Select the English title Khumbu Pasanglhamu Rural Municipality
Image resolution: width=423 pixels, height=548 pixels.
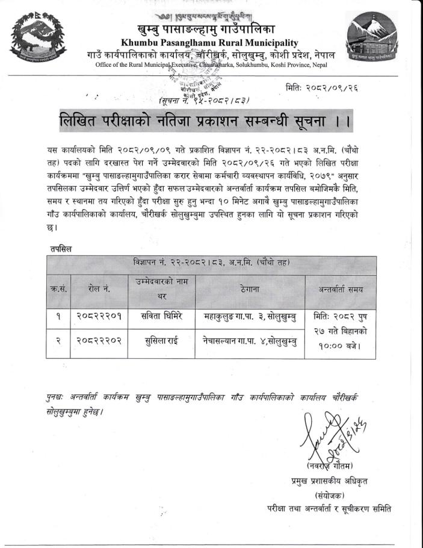tap(209, 43)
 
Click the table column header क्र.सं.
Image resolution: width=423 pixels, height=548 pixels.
tap(58, 290)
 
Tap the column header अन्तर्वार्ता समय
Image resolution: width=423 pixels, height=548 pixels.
tap(341, 290)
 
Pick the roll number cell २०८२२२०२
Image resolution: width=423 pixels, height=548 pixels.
tap(99, 340)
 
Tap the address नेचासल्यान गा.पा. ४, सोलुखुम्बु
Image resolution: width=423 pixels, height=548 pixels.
tap(249, 340)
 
